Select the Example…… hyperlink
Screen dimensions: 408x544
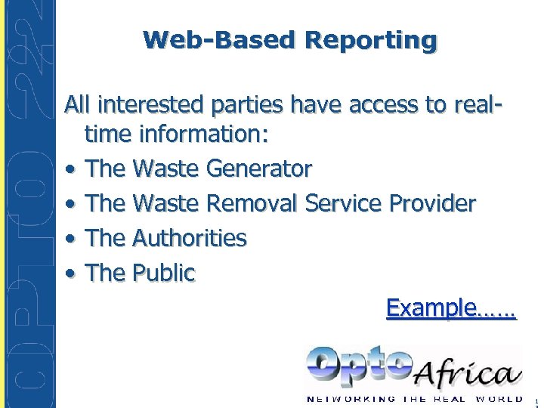tap(450, 308)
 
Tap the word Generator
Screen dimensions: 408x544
tap(259, 168)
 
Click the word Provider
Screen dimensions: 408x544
tap(432, 203)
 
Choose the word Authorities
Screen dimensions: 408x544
tap(189, 238)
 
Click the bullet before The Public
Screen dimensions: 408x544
tap(70, 274)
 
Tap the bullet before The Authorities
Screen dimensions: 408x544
tap(70, 240)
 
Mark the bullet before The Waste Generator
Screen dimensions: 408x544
tap(70, 170)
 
